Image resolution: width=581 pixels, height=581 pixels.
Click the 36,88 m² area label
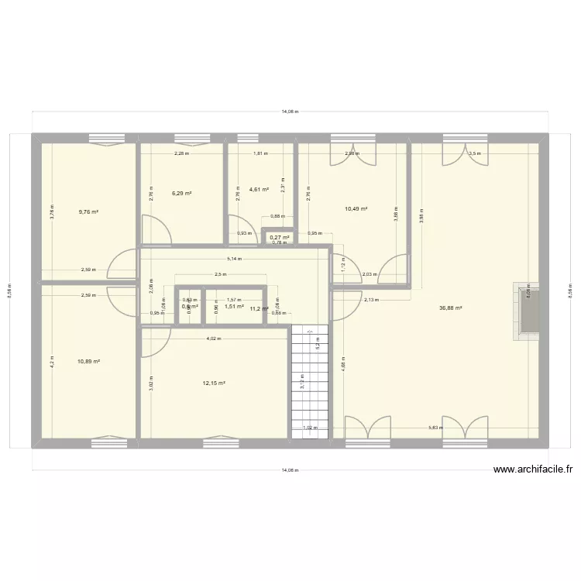(x=450, y=308)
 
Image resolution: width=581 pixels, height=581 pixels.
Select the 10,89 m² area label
(x=88, y=361)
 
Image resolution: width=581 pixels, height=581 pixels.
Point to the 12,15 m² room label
(x=214, y=383)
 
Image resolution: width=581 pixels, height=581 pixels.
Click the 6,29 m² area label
(x=181, y=194)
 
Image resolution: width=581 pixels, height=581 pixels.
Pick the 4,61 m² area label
(x=259, y=189)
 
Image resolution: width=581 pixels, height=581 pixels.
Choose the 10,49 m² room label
(x=356, y=208)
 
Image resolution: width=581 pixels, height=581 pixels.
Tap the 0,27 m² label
(x=279, y=237)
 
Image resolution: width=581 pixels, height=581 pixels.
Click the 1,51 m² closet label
(x=234, y=306)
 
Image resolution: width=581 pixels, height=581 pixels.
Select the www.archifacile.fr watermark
(x=531, y=469)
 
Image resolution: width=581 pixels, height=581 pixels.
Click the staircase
(x=310, y=380)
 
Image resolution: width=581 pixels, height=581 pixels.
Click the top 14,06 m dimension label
(x=290, y=112)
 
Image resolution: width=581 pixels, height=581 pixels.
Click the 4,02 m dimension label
(x=214, y=339)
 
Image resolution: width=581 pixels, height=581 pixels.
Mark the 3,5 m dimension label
(x=475, y=153)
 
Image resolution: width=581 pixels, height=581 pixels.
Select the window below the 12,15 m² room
(x=220, y=443)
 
